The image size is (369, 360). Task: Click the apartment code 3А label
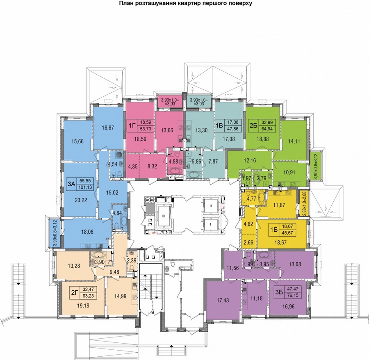tap(71, 184)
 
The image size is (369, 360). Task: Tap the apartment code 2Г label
tap(74, 292)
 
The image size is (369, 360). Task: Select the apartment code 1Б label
tap(274, 230)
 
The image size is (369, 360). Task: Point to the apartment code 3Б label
tap(279, 292)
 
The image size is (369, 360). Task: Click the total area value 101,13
tap(86, 187)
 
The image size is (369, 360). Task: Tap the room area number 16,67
tap(108, 128)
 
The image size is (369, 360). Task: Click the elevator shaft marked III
tap(164, 216)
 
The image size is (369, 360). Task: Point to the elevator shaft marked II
tap(211, 206)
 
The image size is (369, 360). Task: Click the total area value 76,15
tap(292, 295)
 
